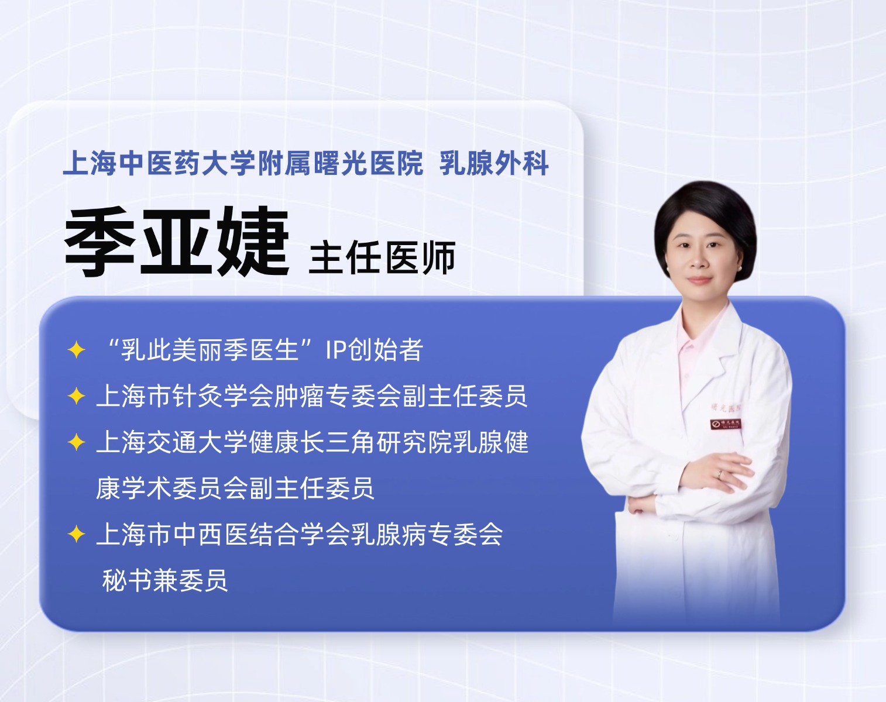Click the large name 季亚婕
pos(176,242)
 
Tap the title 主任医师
pos(382,258)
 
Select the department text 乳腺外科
pos(494,163)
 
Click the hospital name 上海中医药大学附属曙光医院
pos(243,163)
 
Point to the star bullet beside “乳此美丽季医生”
pos(76,350)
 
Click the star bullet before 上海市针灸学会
pos(76,396)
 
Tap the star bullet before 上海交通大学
pos(76,442)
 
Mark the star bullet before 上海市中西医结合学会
pos(76,535)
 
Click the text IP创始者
pos(375,350)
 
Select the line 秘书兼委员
pos(165,580)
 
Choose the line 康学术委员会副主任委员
pos(235,488)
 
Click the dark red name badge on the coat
pos(726,424)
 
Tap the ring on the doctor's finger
pos(720,474)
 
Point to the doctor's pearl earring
pos(740,269)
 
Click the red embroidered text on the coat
pos(726,408)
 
